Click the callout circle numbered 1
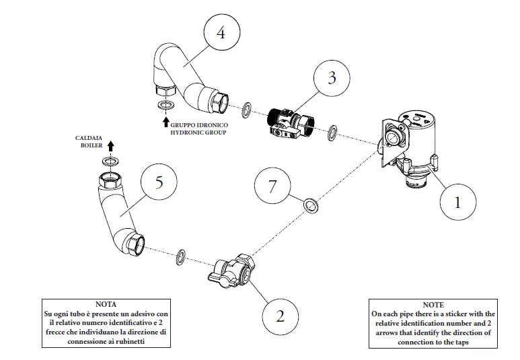click(x=458, y=201)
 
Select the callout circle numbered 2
click(x=280, y=315)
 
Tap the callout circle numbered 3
click(x=332, y=77)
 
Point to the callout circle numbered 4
click(x=221, y=32)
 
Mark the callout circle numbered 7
click(x=272, y=186)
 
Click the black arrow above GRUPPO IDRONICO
click(x=165, y=122)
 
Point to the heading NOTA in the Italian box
click(x=106, y=304)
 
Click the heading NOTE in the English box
click(x=433, y=304)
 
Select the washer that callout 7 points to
click(x=311, y=205)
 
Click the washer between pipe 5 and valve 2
click(x=181, y=256)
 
